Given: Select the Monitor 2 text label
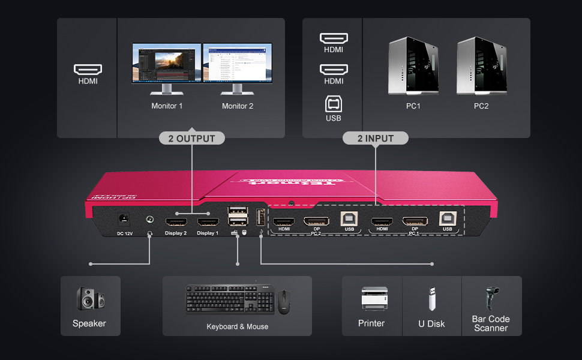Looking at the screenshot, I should [238, 106].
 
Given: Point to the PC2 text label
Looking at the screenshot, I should [481, 106].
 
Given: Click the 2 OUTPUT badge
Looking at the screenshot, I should [191, 139].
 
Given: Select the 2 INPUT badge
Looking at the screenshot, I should [376, 139].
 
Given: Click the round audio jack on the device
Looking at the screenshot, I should [149, 220].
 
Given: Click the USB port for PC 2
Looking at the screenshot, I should [349, 220].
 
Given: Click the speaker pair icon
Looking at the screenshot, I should [90, 298].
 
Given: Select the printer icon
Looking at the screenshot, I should [371, 298].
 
